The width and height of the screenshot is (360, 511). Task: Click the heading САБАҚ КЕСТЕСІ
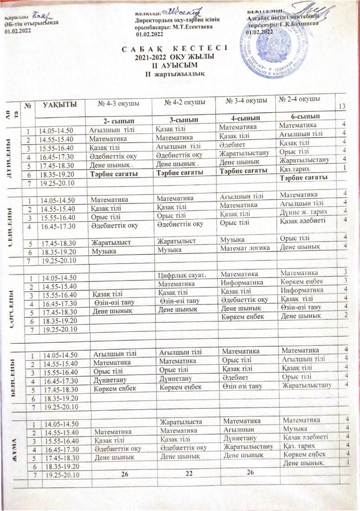174,48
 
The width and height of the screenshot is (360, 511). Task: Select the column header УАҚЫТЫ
59,104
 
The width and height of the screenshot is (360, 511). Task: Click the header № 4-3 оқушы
117,104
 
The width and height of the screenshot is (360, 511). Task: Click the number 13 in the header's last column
342,107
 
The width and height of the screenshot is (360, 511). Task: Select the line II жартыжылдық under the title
174,74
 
